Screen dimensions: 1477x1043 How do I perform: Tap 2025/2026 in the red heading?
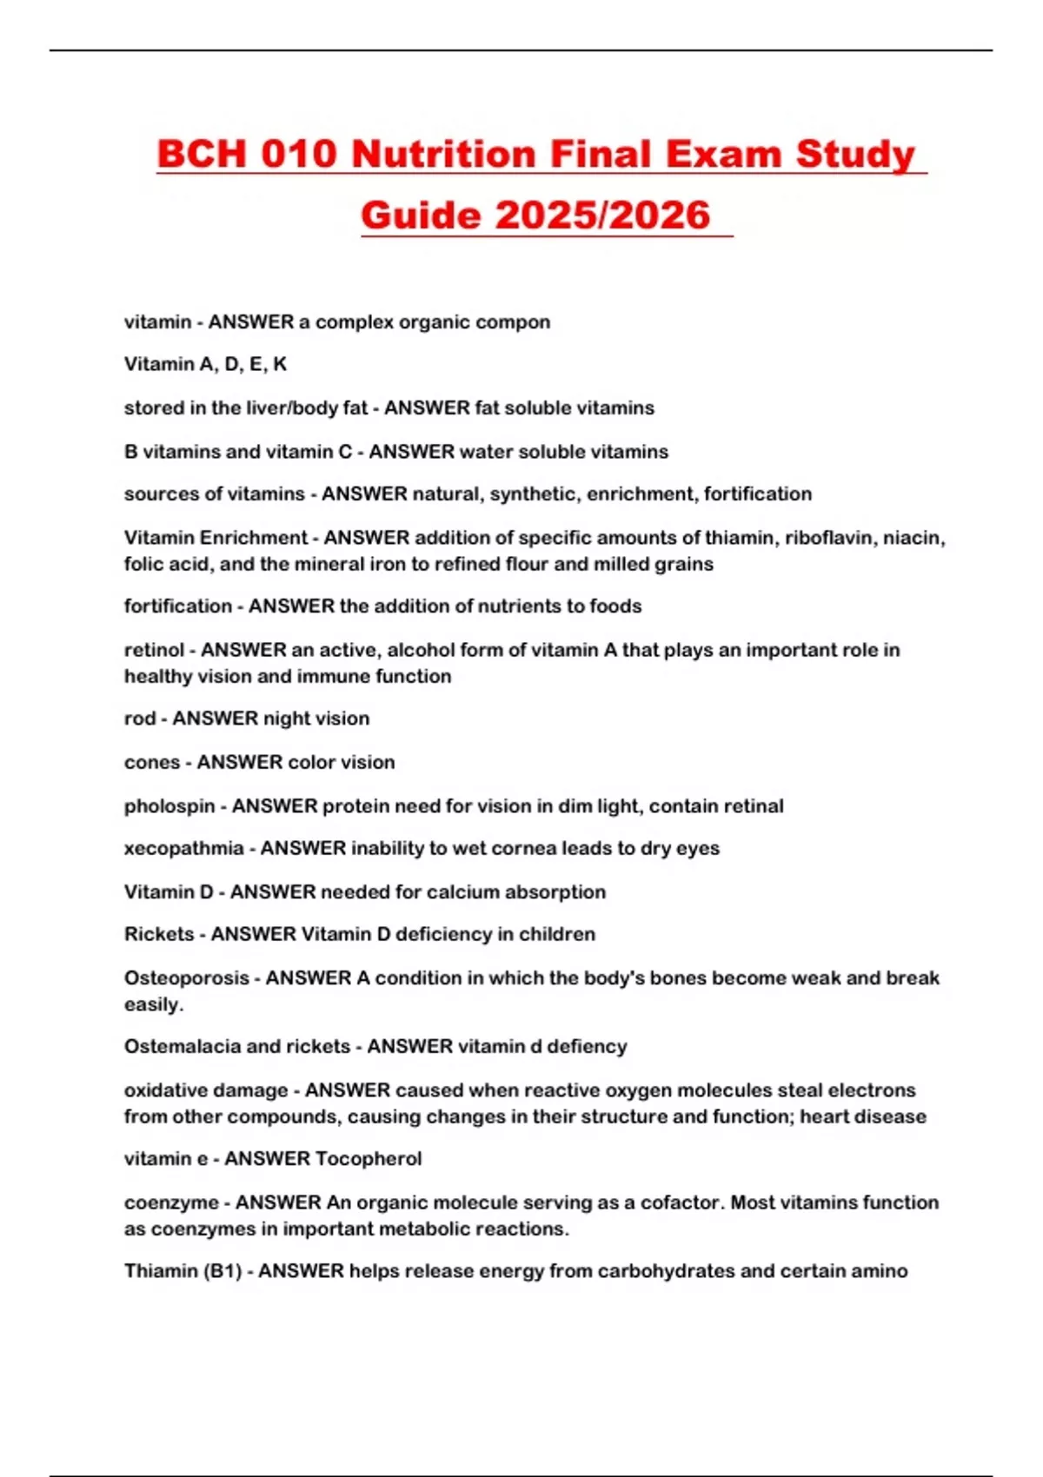603,215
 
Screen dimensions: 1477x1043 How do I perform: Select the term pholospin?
169,806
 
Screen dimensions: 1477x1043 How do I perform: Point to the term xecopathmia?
183,848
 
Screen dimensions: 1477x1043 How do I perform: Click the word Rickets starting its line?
159,934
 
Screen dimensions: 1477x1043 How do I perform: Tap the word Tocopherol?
369,1159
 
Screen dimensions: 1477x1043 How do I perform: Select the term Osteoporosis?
187,978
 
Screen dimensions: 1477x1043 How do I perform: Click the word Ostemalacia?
181,1046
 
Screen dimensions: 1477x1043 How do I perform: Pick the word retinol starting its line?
154,650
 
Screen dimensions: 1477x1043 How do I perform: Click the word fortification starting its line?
177,606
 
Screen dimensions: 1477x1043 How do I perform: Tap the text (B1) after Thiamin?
223,1271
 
